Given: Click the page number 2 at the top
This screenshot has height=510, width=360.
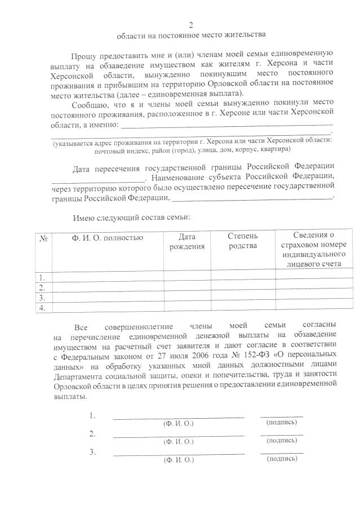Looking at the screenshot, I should (x=191, y=25).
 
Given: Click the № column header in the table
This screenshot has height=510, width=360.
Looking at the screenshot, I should (x=43, y=238).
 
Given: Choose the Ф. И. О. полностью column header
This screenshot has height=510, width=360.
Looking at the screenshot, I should (x=108, y=238).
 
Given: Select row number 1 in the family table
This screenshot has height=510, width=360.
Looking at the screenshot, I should (x=42, y=277).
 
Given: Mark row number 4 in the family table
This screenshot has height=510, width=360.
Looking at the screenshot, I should (x=42, y=308).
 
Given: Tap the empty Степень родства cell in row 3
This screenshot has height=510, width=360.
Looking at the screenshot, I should (x=243, y=298).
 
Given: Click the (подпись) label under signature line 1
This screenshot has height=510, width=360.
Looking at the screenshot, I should (x=281, y=422).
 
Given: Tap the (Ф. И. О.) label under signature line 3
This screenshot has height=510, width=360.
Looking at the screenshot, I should (x=178, y=460).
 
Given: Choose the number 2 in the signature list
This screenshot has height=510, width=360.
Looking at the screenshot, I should (x=92, y=434).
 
